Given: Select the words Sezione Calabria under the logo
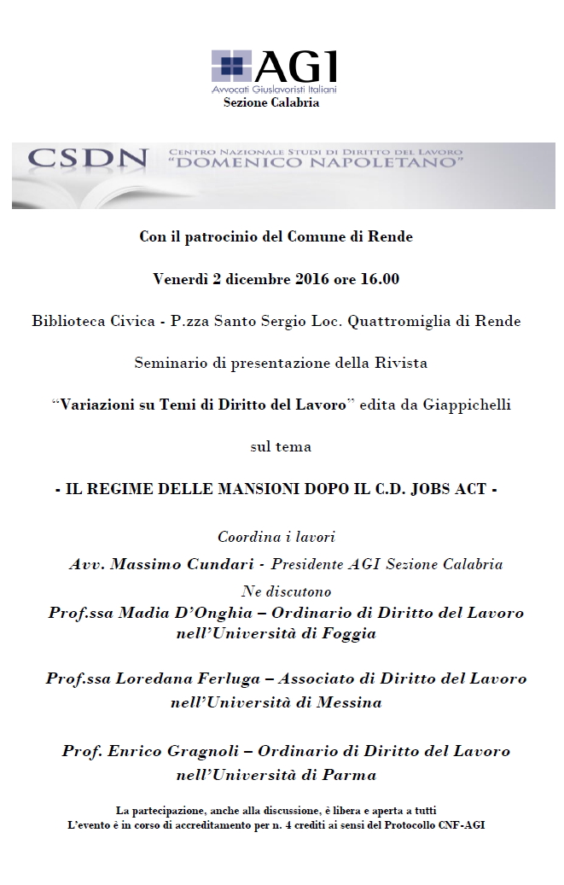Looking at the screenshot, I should coord(271,102).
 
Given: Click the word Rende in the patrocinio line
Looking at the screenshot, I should coord(392,237).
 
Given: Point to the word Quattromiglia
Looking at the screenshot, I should coord(426,322).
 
